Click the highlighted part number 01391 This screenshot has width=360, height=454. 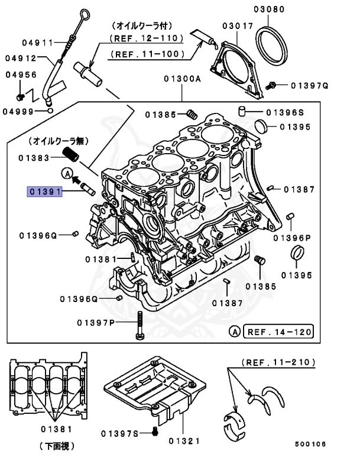pos(43,191)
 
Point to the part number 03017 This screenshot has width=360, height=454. pos(238,26)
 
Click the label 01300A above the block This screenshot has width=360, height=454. pos(182,77)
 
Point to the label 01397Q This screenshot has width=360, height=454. pos(309,86)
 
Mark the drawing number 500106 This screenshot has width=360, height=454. pos(311,442)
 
